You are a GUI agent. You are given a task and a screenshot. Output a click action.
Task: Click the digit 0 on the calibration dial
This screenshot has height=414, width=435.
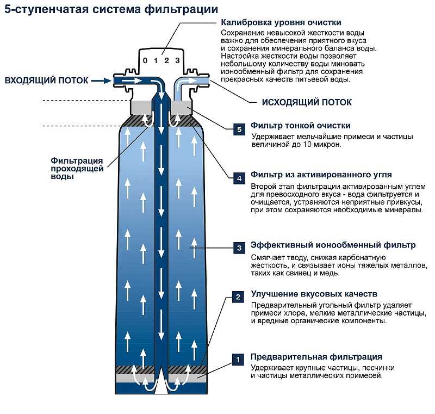[145, 60]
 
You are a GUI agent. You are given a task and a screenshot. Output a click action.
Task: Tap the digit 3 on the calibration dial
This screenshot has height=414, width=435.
[177, 60]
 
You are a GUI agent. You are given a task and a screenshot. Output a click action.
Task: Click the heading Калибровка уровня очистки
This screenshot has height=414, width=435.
[281, 23]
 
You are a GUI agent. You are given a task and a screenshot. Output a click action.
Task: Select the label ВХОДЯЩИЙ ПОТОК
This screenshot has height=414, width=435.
[46, 81]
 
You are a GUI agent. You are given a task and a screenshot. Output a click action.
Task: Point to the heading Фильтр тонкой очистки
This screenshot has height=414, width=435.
[300, 126]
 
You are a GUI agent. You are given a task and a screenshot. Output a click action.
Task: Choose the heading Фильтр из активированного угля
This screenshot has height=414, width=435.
[321, 175]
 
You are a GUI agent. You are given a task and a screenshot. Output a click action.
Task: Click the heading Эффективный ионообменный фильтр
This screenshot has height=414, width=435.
[333, 245]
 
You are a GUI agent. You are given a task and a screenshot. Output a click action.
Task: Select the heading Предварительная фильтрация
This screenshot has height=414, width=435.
[316, 357]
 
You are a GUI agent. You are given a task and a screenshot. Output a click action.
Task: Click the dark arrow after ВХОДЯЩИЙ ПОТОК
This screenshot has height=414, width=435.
[100, 81]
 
